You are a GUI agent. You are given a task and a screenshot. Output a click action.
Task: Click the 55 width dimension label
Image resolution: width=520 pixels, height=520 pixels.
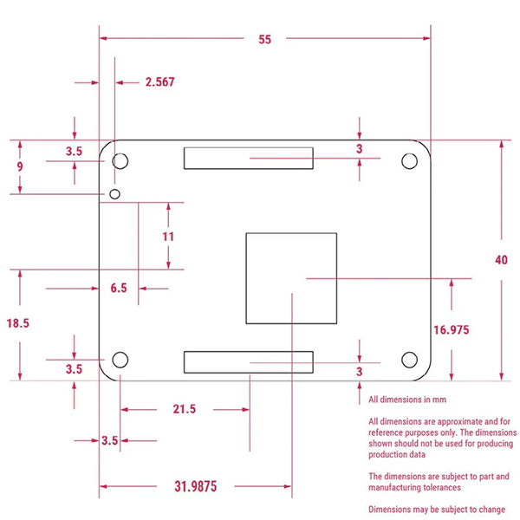pos(264,40)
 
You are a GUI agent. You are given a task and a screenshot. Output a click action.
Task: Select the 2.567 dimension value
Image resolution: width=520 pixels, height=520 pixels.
pos(159,82)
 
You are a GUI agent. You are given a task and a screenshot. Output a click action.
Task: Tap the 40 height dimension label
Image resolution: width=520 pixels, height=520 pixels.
pos(501,260)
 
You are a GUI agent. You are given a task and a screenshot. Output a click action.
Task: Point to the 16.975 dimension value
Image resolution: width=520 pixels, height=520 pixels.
pos(452,330)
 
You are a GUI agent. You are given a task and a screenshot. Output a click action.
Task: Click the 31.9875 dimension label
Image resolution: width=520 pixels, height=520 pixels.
pos(196,486)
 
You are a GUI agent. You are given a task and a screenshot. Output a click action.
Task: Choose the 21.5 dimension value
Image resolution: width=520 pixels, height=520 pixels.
pos(185,409)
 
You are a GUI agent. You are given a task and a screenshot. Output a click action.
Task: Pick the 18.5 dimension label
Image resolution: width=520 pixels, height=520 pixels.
pos(18,323)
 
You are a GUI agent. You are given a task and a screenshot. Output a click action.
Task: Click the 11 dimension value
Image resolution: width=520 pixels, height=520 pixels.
pos(168,237)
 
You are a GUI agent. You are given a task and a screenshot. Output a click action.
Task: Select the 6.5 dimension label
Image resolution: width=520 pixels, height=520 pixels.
pos(119,288)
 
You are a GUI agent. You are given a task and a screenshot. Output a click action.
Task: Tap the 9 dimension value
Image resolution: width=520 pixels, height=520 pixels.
pos(20,166)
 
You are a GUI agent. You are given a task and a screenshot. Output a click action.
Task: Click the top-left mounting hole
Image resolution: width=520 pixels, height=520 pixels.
pos(120,161)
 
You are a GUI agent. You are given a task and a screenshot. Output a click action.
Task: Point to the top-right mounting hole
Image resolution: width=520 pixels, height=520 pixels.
pos(409,161)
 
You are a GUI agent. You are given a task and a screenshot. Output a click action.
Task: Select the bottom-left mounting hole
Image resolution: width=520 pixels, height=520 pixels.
pos(120,360)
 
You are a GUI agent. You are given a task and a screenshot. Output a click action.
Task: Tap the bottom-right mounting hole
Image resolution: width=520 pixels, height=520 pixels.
pos(409,360)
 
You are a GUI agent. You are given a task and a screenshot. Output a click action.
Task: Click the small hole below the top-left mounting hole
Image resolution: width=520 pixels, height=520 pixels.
pos(114,194)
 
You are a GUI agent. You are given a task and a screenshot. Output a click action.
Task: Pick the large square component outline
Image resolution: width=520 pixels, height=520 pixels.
pos(246,278)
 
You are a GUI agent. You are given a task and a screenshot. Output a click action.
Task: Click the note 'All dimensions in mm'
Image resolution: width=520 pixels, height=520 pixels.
pos(407,400)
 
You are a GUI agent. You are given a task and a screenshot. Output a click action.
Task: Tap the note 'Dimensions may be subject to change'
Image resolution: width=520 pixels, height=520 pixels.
pos(437,510)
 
